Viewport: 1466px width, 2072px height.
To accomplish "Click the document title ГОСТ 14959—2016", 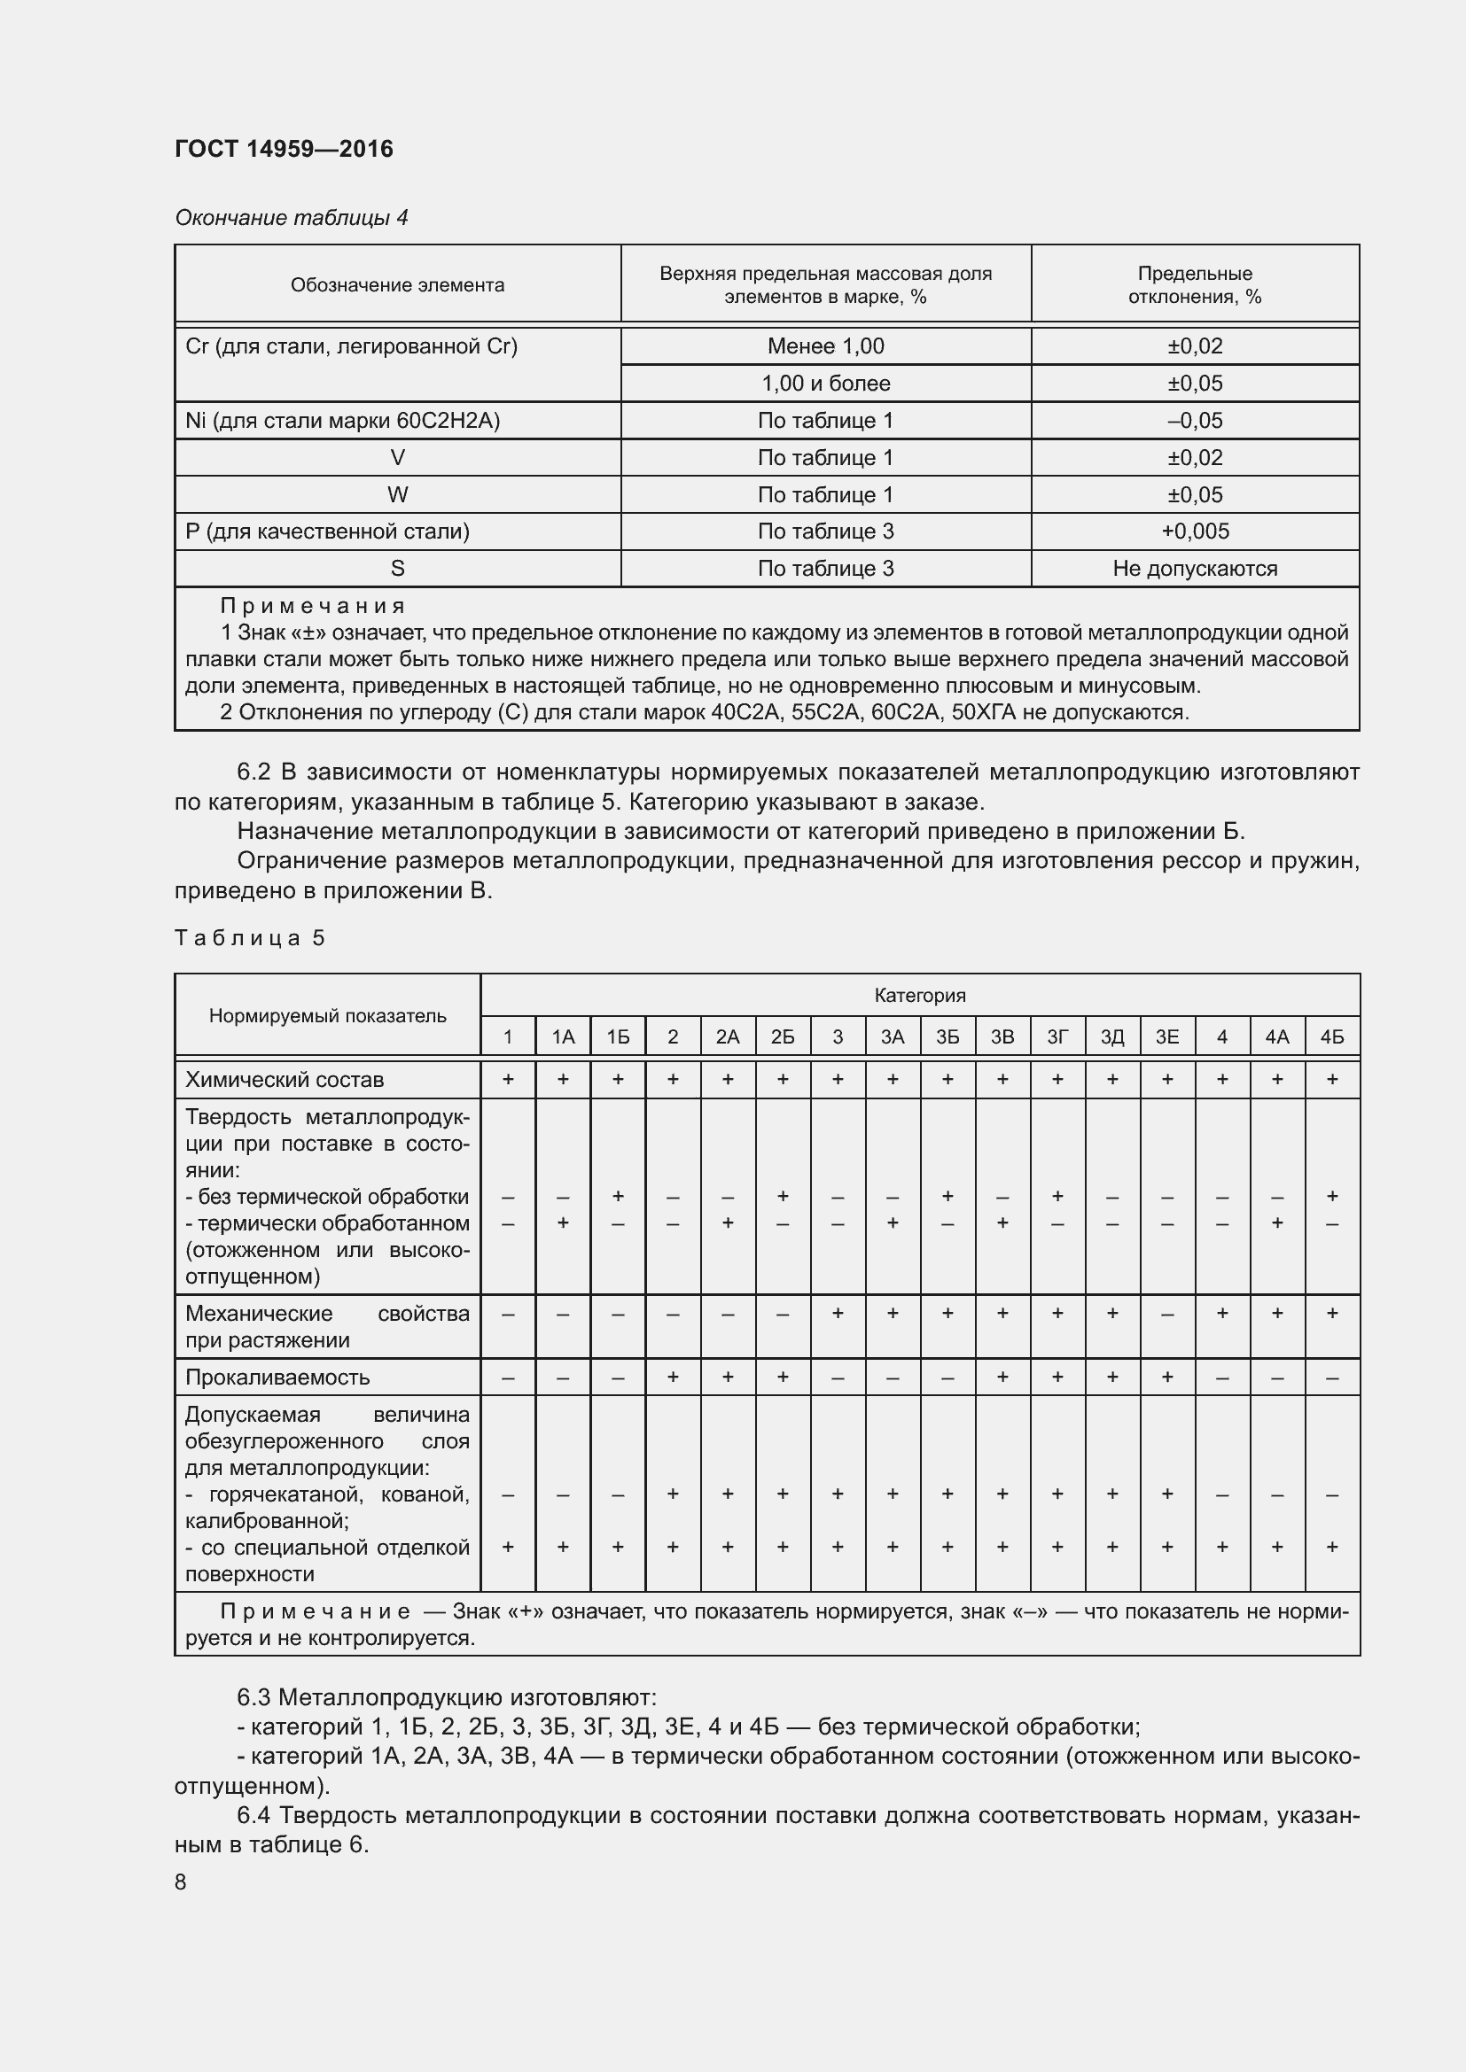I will (x=284, y=149).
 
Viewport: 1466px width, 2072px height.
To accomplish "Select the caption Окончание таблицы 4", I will (x=291, y=218).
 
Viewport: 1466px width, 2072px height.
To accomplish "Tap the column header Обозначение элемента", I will (x=397, y=285).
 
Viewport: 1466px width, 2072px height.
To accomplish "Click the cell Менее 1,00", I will (x=825, y=346).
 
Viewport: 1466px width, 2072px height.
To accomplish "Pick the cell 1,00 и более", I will (x=825, y=384).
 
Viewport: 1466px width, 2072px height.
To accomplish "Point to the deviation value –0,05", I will (x=1194, y=421).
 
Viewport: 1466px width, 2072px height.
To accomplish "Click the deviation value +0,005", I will (x=1194, y=532).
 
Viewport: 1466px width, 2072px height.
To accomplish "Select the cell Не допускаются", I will (x=1194, y=569).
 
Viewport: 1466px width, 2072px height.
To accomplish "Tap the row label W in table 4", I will (x=397, y=494).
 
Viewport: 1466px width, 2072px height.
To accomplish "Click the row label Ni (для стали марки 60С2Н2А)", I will (x=342, y=421).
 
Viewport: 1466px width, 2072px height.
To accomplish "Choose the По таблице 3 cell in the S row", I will (x=825, y=569).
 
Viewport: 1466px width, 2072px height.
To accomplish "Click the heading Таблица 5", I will (x=249, y=938).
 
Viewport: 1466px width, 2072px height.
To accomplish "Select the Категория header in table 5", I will (x=919, y=996).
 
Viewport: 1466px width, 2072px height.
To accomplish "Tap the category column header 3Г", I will (x=1057, y=1038).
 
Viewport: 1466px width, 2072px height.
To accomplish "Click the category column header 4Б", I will (x=1331, y=1038).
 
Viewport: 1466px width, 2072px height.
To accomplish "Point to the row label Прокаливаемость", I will (x=277, y=1377).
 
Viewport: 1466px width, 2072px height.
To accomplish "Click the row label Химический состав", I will (x=285, y=1079).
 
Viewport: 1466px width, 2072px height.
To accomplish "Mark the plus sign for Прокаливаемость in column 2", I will (x=673, y=1377).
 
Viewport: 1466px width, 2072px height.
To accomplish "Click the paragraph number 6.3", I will (x=253, y=1697).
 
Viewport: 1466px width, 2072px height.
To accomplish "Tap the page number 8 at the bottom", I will (x=181, y=1882).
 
